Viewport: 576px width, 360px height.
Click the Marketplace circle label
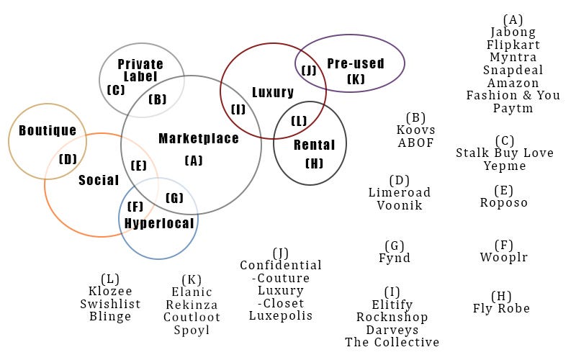coord(199,138)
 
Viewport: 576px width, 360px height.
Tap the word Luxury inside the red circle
coord(273,92)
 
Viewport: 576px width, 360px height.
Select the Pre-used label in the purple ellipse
coord(356,63)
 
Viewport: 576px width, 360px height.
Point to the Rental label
coord(315,145)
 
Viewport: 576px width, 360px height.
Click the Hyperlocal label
coord(159,223)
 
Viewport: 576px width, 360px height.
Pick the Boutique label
coord(48,130)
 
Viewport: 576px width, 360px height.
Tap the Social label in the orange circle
coord(99,180)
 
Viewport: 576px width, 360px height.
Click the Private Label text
coord(140,70)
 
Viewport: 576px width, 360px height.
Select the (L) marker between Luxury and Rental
coord(300,121)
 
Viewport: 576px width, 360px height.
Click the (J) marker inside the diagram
coord(309,70)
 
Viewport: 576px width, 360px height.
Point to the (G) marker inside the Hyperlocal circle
coord(174,198)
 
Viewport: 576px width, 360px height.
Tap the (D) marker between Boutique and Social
coord(68,159)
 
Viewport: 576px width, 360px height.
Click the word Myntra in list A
coord(513,57)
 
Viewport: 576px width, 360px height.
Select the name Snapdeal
coord(513,70)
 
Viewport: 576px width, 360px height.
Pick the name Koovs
coord(416,130)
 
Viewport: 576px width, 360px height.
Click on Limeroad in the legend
coord(400,192)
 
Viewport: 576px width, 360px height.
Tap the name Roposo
coord(504,202)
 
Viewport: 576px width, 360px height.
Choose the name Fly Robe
coord(501,308)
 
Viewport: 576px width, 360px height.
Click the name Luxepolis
coord(281,315)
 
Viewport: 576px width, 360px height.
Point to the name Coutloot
coord(192,317)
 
